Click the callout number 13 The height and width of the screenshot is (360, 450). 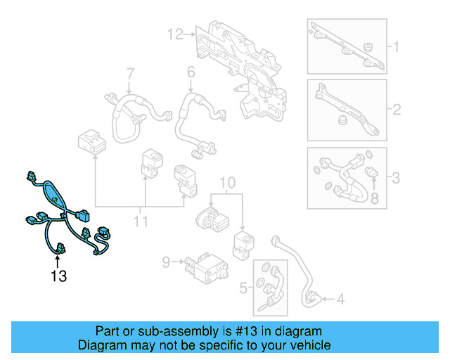(58, 276)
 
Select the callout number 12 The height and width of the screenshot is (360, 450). (174, 33)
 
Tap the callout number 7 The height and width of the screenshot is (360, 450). (129, 72)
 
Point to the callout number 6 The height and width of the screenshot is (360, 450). (190, 72)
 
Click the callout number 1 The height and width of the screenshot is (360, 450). (396, 48)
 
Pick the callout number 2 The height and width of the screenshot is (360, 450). (396, 110)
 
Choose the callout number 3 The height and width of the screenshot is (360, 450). (396, 178)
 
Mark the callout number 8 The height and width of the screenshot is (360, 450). (375, 199)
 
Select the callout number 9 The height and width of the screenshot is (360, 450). (167, 262)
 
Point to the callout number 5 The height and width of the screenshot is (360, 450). (244, 287)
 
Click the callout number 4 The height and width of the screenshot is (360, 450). (340, 300)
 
